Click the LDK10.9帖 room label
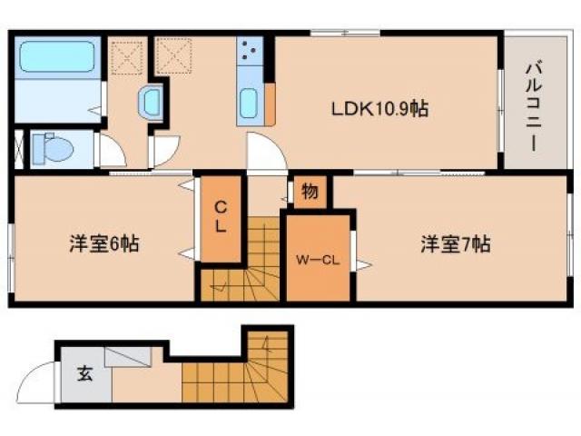click(x=379, y=109)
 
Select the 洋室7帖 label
click(x=455, y=244)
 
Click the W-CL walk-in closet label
click(x=318, y=260)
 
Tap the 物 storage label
click(x=310, y=192)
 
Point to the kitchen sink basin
click(x=250, y=104)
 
